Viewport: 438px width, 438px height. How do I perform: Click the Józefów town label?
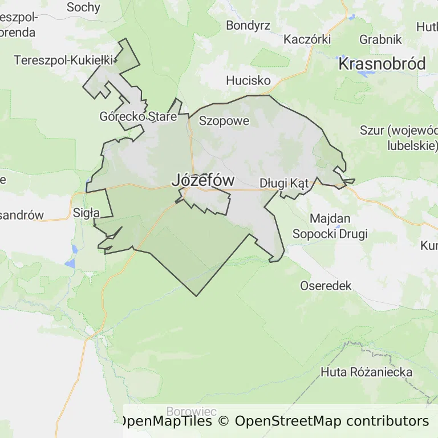point(202,180)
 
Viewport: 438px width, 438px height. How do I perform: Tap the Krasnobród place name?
point(382,64)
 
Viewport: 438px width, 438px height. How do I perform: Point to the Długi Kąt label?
point(283,184)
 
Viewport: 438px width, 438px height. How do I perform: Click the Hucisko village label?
point(248,80)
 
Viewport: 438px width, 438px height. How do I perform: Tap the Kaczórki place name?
point(307,39)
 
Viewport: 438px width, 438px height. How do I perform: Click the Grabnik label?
point(380,40)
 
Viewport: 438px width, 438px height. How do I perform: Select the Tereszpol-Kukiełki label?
point(64,59)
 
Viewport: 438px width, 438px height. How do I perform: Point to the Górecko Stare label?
point(138,116)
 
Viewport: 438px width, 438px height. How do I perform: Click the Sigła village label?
point(87,213)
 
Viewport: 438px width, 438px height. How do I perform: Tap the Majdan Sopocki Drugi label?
point(330,226)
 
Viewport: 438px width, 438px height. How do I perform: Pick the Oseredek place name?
point(326,286)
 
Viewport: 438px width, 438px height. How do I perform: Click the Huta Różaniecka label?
point(366,372)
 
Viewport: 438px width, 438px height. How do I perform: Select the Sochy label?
point(83,7)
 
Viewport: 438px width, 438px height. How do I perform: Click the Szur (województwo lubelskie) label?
point(399,137)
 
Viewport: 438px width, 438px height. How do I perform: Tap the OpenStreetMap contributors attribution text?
point(331,421)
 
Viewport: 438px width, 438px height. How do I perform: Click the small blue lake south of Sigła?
point(73,249)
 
